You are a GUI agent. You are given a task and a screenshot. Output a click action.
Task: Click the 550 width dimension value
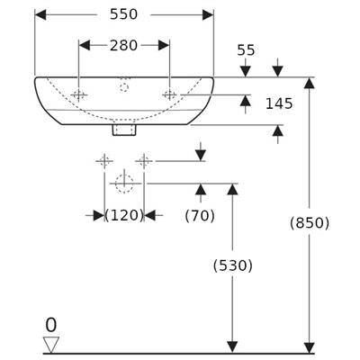click(123, 14)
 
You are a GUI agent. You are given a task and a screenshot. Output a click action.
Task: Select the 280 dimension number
click(123, 46)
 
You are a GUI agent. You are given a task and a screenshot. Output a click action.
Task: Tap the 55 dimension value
click(246, 50)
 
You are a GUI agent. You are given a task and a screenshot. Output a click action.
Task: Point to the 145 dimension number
click(279, 103)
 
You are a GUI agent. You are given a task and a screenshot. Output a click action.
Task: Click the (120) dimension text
click(124, 215)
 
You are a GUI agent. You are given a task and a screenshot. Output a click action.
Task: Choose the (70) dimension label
click(200, 216)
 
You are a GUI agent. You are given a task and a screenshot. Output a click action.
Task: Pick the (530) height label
click(233, 265)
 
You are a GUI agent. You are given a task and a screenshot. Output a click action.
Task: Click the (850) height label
click(310, 223)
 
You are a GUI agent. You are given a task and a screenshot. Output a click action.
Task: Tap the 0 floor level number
click(51, 325)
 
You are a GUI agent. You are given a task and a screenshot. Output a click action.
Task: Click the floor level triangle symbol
click(51, 345)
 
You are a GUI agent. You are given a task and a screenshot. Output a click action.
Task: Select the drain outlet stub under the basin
click(124, 130)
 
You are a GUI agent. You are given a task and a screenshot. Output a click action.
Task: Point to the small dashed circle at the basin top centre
click(124, 87)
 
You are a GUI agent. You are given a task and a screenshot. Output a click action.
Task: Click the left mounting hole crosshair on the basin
click(79, 95)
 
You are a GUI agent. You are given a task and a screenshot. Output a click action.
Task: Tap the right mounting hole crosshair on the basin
click(170, 95)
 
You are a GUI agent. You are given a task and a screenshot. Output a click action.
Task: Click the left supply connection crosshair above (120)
click(104, 161)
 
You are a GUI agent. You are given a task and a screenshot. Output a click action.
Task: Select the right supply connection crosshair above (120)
click(144, 161)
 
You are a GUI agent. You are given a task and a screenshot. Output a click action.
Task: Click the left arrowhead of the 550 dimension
click(40, 14)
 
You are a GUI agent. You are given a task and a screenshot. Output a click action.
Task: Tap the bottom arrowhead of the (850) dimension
click(310, 348)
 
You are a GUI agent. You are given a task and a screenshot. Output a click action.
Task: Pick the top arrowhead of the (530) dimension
click(232, 189)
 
